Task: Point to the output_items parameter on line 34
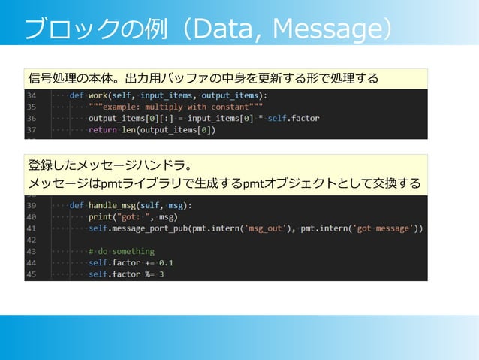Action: [230, 96]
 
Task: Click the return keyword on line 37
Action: [102, 130]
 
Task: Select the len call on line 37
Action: [128, 130]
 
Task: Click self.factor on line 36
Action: [294, 119]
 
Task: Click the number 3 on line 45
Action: [161, 274]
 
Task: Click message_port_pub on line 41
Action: [149, 228]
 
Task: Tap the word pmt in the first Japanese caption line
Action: [101, 184]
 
